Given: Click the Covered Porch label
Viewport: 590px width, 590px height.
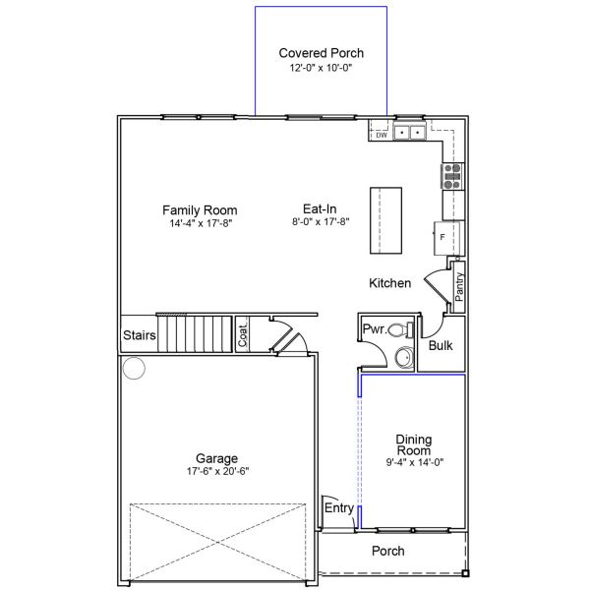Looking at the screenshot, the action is tap(321, 53).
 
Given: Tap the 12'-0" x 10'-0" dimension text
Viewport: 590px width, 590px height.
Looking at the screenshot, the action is tap(321, 68).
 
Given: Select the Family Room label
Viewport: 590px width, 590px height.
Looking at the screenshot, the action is tap(200, 210).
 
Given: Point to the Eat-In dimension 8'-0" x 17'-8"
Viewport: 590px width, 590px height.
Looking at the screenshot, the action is tap(321, 221).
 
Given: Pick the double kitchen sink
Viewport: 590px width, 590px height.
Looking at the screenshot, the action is tap(410, 132).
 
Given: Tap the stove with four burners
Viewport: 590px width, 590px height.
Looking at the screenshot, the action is tap(452, 176).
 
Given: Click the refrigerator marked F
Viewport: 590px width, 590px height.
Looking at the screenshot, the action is tap(447, 238).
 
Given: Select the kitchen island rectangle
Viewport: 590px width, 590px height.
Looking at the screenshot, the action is tap(385, 220).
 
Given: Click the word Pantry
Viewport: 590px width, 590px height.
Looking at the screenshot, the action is tap(459, 287).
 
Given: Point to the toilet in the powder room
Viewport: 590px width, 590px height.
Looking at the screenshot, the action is tap(401, 330).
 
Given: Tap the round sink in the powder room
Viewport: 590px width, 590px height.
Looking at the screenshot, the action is tap(405, 357).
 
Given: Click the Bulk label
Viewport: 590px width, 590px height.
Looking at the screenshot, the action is tap(441, 345).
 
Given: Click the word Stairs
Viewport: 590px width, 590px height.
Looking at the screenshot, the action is tap(140, 335).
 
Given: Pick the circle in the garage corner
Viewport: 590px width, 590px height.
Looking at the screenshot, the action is tap(134, 368).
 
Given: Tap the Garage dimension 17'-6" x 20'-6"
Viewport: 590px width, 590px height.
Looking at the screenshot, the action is tap(218, 471).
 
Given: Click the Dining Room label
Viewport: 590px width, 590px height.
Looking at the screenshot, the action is tap(414, 444).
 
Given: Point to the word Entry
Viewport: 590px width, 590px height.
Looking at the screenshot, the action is tap(339, 508).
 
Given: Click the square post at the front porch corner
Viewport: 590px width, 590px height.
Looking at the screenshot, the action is tap(465, 573).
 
